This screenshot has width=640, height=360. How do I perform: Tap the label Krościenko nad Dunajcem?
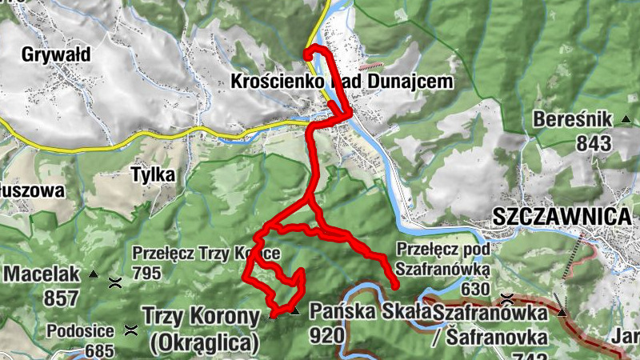pyautogui.click(x=342, y=82)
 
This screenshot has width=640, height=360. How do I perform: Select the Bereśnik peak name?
pyautogui.click(x=573, y=120)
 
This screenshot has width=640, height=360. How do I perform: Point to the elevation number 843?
pyautogui.click(x=592, y=144)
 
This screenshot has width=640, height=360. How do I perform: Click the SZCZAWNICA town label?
pyautogui.click(x=562, y=216)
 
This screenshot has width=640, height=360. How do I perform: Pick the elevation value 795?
pyautogui.click(x=147, y=274)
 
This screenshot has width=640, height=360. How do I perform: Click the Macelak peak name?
pyautogui.click(x=42, y=274)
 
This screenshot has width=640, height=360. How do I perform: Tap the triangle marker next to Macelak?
pyautogui.click(x=92, y=274)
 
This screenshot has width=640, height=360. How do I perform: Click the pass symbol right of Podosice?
pyautogui.click(x=130, y=329)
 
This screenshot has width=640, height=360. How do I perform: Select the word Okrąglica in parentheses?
pyautogui.click(x=205, y=344)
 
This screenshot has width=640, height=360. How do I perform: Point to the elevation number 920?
pyautogui.click(x=326, y=335)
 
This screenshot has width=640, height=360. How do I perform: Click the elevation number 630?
pyautogui.click(x=474, y=289)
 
